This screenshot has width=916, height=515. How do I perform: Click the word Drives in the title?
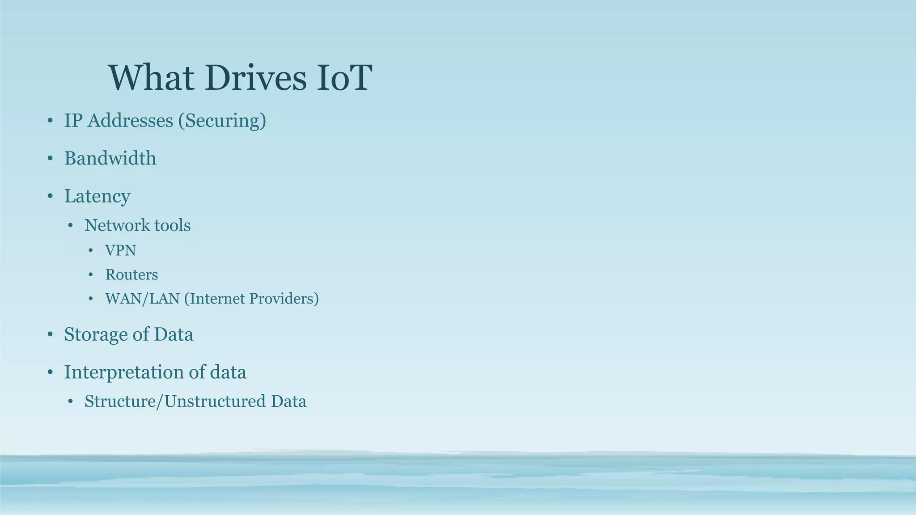tap(255, 78)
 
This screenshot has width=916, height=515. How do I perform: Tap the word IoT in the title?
tap(344, 78)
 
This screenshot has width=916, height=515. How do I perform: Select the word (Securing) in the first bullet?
tap(222, 121)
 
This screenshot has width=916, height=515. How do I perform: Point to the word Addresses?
tap(130, 121)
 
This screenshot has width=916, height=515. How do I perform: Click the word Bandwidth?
tap(110, 158)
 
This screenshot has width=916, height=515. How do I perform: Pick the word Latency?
tap(97, 196)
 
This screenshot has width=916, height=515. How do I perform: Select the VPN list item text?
tap(120, 250)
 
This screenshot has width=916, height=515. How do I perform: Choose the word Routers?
tap(131, 274)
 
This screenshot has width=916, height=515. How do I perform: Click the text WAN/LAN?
tap(142, 299)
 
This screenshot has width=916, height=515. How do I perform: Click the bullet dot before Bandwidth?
tap(50, 159)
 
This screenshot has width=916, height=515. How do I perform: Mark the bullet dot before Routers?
tap(91, 274)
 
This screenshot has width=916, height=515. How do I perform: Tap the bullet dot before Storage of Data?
tap(50, 335)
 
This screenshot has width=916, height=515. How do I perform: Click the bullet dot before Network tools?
tap(70, 225)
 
